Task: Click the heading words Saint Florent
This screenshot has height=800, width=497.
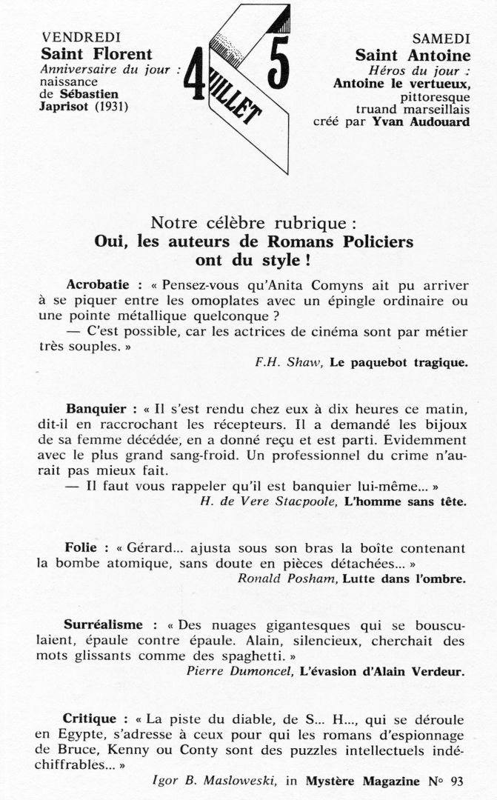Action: point(96,53)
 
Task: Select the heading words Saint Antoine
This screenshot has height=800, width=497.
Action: point(413,55)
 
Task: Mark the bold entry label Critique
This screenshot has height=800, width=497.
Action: point(90,719)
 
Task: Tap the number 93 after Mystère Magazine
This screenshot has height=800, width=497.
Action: point(454,780)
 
